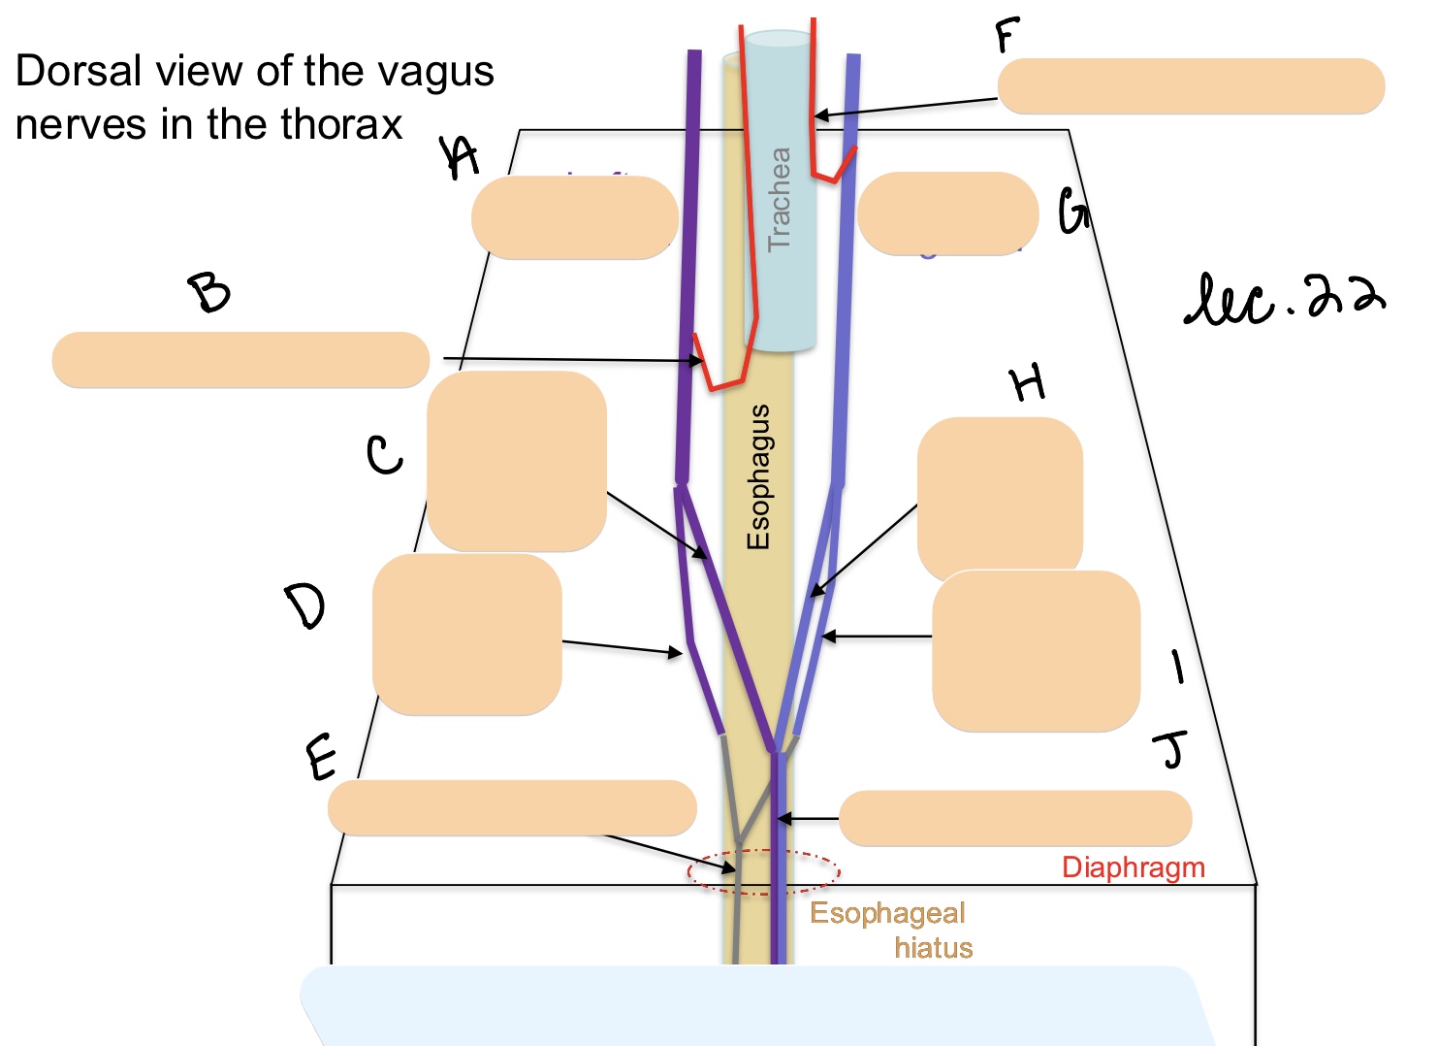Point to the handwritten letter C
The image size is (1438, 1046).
[384, 454]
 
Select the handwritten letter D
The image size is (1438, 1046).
[305, 605]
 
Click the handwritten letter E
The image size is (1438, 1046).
[322, 757]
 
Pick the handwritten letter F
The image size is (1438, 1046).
[1007, 36]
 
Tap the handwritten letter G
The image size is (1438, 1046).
[1072, 212]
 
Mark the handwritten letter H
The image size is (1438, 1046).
[1028, 383]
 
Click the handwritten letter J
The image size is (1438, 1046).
[1171, 749]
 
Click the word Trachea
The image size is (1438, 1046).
[780, 199]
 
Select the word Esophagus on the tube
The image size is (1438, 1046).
[758, 476]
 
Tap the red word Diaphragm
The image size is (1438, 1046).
[1133, 867]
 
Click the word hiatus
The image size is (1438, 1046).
[933, 948]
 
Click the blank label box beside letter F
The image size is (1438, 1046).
[1191, 86]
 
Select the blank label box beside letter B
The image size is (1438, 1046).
[240, 360]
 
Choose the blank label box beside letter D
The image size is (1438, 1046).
[466, 635]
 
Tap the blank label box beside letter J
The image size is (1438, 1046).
[1014, 818]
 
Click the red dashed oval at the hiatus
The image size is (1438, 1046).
[763, 871]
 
